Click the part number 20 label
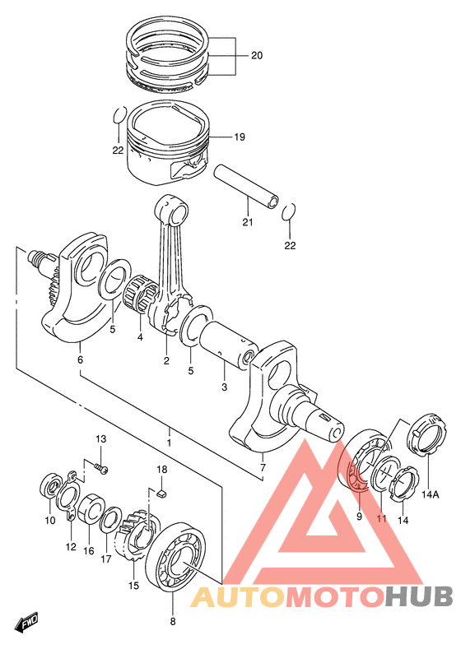click(257, 55)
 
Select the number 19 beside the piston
click(240, 137)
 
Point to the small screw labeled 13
click(100, 469)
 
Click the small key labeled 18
click(162, 493)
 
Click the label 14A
click(431, 494)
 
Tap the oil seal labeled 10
click(50, 484)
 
